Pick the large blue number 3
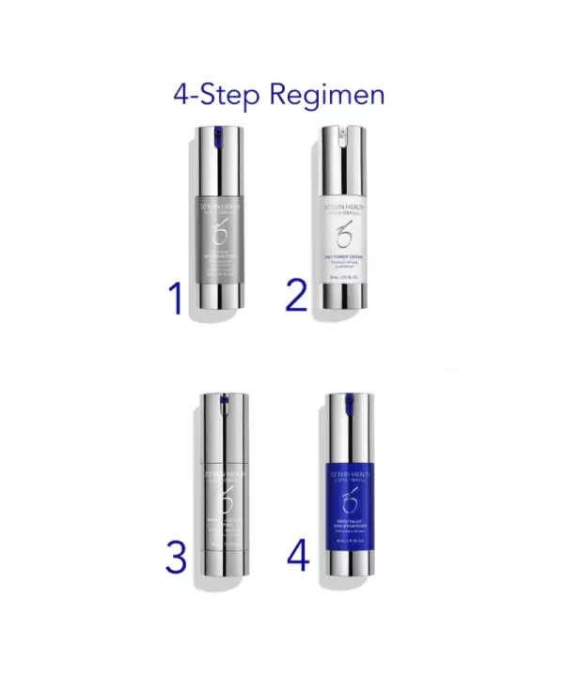[x=176, y=557]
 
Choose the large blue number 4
[x=298, y=555]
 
